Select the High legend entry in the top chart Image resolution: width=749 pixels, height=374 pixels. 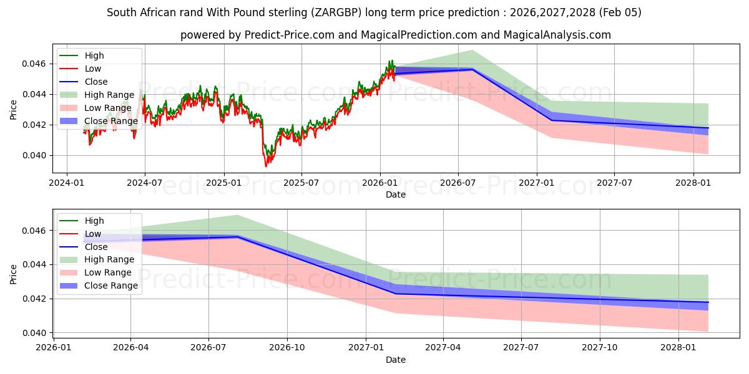pyautogui.click(x=94, y=55)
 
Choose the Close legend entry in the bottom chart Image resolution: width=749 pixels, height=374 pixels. pyautogui.click(x=96, y=247)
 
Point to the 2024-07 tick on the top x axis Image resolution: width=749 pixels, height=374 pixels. pyautogui.click(x=145, y=183)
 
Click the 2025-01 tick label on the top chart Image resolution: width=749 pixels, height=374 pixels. pyautogui.click(x=223, y=183)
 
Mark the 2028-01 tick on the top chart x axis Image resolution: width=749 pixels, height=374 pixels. pyautogui.click(x=693, y=183)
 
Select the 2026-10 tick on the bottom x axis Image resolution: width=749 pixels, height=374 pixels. pyautogui.click(x=287, y=348)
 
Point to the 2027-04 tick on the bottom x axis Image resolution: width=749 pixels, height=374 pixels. pyautogui.click(x=444, y=348)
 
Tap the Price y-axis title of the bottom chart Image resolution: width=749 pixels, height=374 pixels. pyautogui.click(x=14, y=274)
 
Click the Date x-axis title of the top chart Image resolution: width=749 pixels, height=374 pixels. pyautogui.click(x=395, y=194)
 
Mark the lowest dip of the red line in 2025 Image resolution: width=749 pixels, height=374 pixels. pyautogui.click(x=265, y=166)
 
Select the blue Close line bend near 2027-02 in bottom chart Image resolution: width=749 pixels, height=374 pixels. pyautogui.click(x=395, y=294)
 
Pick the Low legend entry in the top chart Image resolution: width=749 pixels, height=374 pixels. pyautogui.click(x=93, y=69)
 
